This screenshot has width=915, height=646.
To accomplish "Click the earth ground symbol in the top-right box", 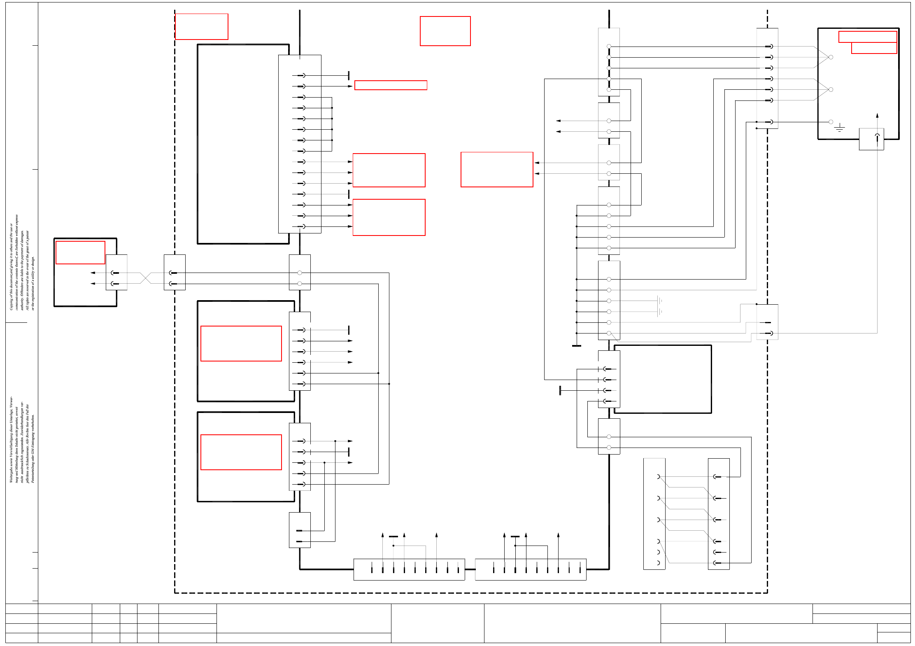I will click(839, 128).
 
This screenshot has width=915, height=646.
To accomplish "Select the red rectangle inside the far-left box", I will click(80, 252).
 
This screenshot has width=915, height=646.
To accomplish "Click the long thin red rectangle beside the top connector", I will click(391, 85).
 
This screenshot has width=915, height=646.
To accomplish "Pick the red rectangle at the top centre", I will click(445, 31).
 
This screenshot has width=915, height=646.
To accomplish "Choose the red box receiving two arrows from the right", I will click(497, 169).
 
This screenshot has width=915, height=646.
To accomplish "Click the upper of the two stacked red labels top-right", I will click(867, 37).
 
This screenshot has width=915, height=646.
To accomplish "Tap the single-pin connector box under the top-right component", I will click(871, 139).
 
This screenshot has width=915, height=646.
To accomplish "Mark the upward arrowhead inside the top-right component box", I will click(877, 116).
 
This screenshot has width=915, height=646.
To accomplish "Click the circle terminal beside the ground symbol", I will click(831, 122).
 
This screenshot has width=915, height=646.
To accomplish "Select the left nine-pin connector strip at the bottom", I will click(409, 569).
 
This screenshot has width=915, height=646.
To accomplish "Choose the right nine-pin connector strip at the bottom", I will click(531, 569).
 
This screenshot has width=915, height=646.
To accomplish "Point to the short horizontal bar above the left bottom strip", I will click(393, 536).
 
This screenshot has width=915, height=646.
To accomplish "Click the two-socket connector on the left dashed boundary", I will click(175, 272).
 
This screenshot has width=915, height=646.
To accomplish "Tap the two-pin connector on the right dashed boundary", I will click(767, 322).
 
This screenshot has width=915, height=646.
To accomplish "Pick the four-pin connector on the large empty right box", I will click(609, 379).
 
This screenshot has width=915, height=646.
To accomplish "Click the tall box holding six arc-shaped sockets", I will click(654, 514).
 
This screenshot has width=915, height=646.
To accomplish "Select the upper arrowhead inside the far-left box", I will click(93, 273).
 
